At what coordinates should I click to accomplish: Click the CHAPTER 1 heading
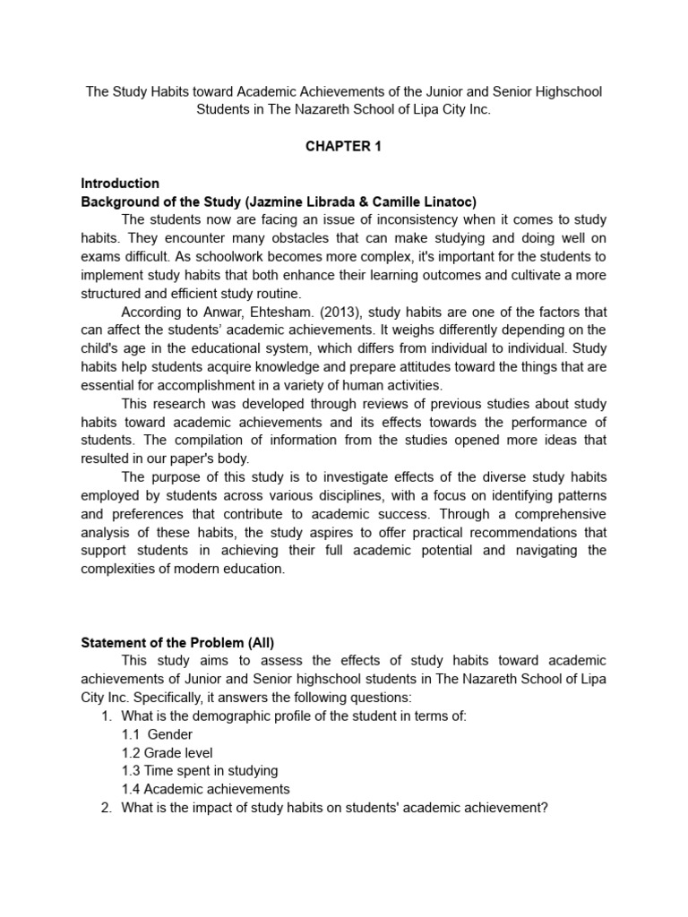pos(343,147)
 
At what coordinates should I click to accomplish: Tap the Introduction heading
pos(120,184)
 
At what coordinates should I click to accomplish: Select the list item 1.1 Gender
pos(157,734)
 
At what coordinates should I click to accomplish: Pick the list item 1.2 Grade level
pos(168,752)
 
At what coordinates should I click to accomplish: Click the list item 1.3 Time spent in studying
pos(200,770)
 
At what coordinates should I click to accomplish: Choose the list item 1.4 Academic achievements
pos(206,789)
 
